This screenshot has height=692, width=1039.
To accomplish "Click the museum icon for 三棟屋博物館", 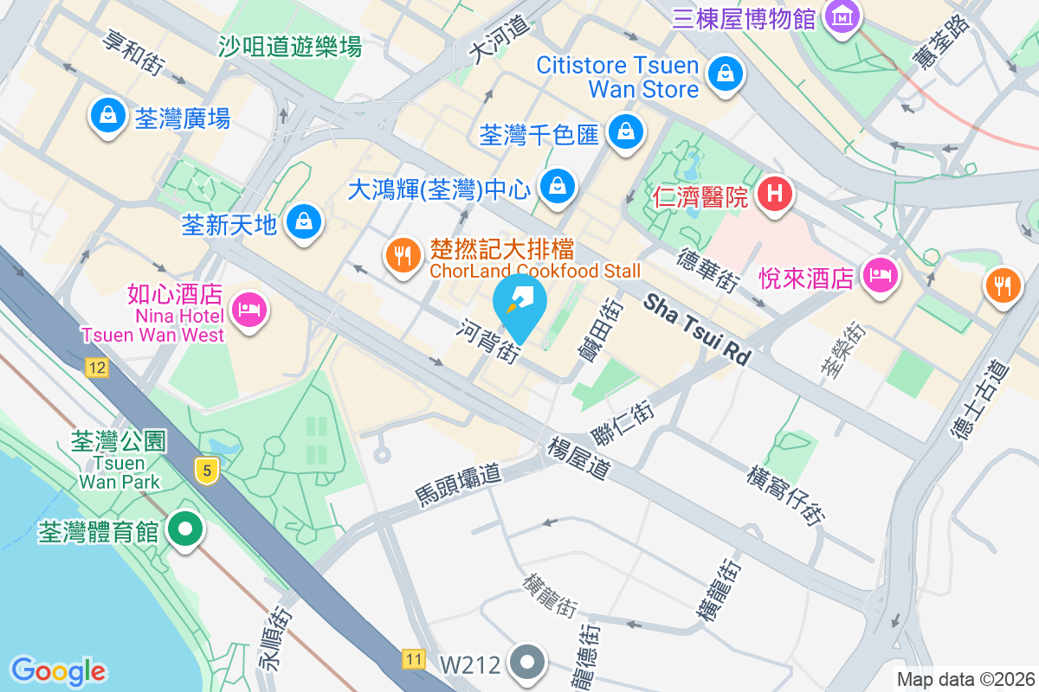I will click(840, 16).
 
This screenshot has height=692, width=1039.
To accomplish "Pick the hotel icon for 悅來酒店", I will click(880, 277).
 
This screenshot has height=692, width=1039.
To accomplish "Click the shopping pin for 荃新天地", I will click(305, 221).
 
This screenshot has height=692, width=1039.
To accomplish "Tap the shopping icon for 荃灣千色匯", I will click(624, 132).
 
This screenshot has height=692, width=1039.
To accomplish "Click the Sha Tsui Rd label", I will click(697, 330).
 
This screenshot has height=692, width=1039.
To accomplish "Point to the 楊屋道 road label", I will click(579, 458).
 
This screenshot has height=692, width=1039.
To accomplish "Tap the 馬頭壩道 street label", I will click(458, 484).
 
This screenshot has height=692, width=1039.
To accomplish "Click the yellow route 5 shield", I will click(206, 471).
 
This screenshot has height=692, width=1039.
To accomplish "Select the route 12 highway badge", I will click(96, 369).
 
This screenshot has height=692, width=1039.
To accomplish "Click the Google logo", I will click(59, 670).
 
